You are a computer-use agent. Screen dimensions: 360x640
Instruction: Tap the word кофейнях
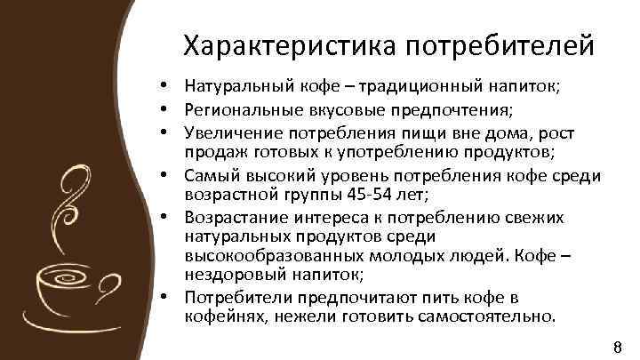pos(220,316)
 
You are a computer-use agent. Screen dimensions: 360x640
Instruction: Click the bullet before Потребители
pos(165,297)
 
